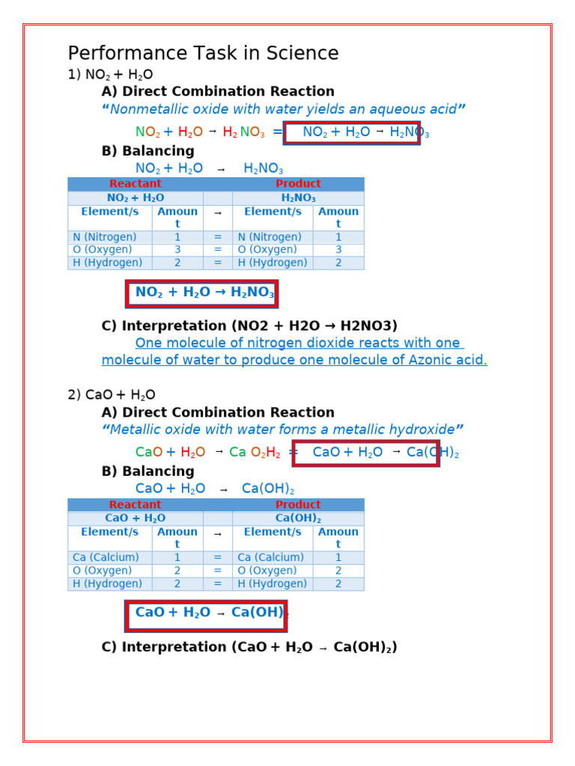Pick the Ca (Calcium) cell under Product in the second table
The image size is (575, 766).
[x=270, y=557]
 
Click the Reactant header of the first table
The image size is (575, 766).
[x=135, y=184]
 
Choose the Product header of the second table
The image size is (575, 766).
[x=298, y=505]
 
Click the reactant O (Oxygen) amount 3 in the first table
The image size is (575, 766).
[x=177, y=250]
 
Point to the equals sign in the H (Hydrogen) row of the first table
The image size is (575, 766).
[x=218, y=263]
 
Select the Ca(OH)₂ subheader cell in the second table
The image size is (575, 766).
[x=298, y=518]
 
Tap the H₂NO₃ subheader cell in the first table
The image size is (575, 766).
[x=298, y=198]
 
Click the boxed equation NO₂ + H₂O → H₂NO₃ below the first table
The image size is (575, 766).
[x=202, y=293]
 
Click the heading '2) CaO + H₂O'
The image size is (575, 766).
[x=112, y=395]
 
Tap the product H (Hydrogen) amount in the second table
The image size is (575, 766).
[x=338, y=583]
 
